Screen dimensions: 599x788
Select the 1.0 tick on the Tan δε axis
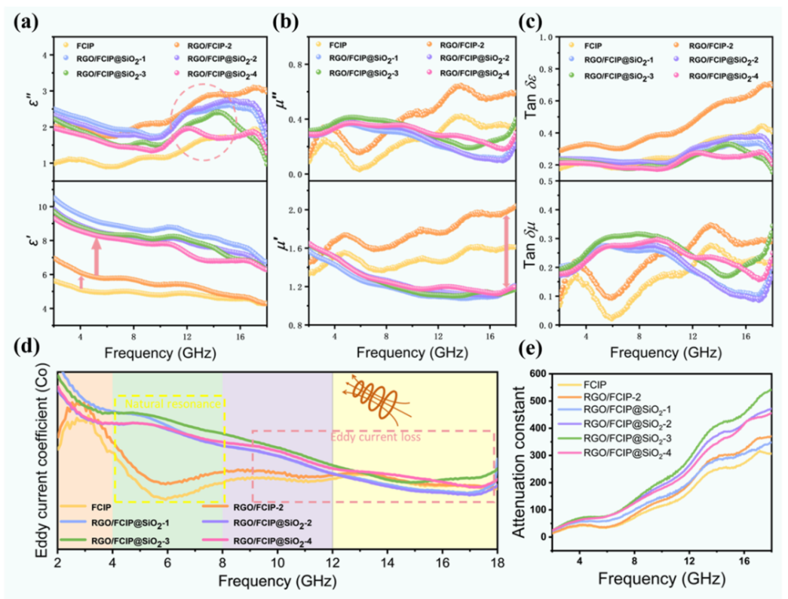point(542,37)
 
